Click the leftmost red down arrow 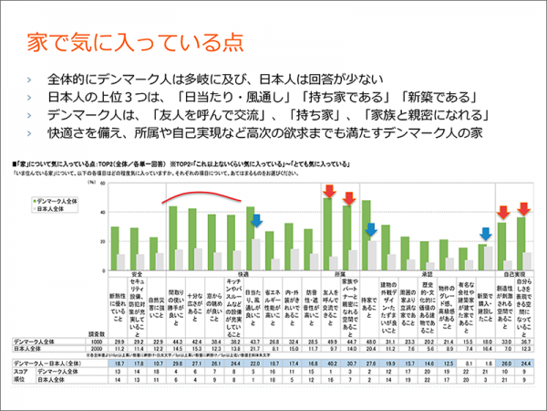click(327, 192)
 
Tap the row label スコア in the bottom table click(21, 371)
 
